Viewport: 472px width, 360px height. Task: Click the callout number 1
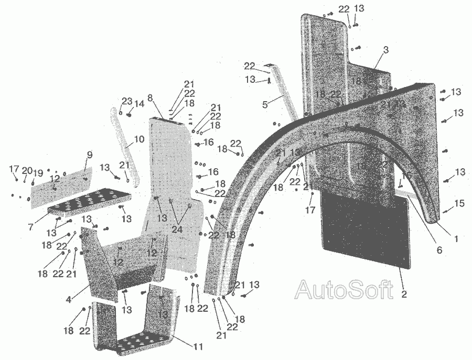456,239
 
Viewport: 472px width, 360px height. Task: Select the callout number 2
404,294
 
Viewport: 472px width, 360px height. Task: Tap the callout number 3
385,50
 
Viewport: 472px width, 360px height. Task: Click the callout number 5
265,104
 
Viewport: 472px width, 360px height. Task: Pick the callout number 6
439,250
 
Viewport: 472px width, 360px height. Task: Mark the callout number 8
150,97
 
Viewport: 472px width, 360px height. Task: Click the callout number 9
89,155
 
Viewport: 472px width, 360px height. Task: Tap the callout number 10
139,139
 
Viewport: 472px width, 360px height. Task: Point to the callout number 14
140,104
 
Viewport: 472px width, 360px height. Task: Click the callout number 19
38,173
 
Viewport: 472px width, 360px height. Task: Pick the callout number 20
27,170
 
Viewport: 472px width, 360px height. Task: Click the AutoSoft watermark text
344,289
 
